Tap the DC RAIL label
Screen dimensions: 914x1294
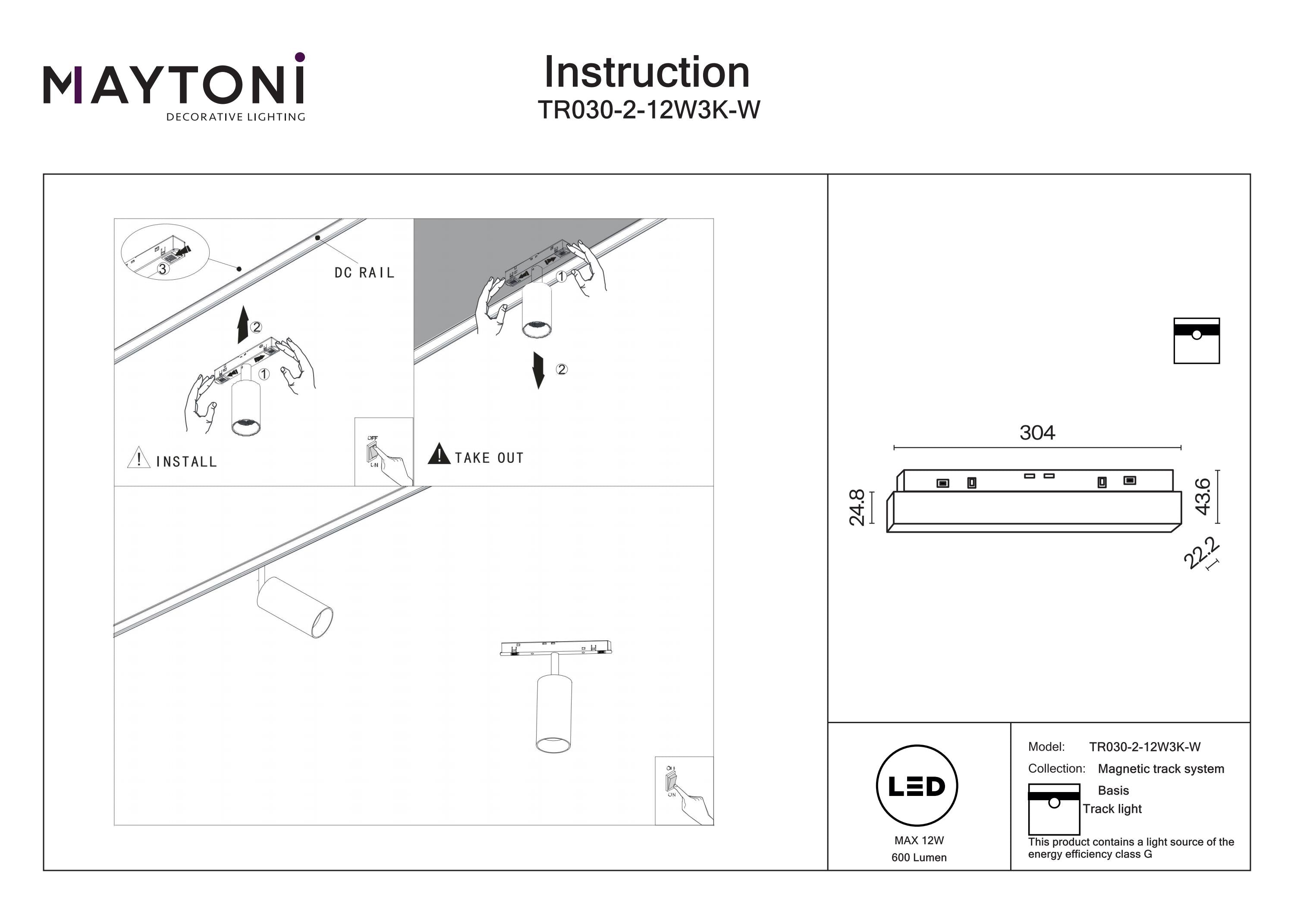364,273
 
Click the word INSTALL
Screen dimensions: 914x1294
186,462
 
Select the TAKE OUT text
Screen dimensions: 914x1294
489,458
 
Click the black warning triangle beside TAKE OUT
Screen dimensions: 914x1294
439,454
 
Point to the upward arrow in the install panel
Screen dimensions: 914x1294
243,325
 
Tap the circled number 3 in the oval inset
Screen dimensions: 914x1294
162,269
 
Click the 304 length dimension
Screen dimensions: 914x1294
1037,433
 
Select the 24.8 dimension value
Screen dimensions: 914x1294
857,507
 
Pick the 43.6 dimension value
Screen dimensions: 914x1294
1203,496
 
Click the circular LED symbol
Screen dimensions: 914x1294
917,786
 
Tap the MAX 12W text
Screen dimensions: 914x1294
919,840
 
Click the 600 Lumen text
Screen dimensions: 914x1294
919,858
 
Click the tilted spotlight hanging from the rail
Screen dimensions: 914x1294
294,607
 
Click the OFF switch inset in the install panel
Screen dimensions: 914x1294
384,452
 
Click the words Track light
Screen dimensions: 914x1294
1112,809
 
